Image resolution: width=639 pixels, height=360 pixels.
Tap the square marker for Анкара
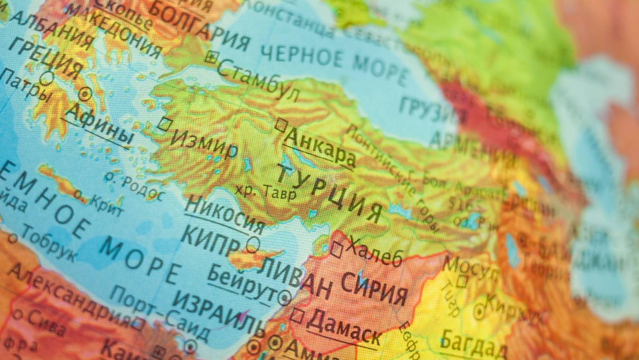281,125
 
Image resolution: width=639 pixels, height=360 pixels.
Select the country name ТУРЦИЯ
329,192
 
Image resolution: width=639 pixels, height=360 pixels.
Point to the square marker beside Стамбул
211,58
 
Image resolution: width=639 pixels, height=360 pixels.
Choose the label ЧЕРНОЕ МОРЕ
333,63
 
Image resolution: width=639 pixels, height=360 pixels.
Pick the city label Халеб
374,252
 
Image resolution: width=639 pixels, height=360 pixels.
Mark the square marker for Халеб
336,249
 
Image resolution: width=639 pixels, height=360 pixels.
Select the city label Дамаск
344,329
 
